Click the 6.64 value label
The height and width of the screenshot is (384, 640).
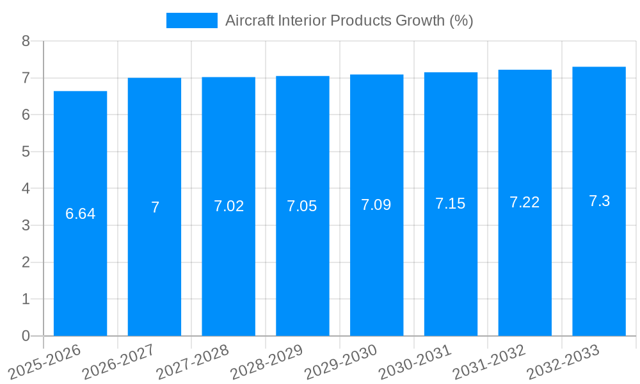click(80, 214)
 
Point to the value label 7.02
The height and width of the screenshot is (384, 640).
click(228, 206)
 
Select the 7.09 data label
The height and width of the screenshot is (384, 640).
click(376, 205)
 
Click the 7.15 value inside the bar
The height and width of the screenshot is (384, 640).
click(451, 204)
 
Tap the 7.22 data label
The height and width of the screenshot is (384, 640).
click(525, 202)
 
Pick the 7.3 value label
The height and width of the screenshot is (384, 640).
click(599, 201)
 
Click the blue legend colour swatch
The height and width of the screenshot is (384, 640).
click(191, 20)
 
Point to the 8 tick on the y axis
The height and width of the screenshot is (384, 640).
click(26, 41)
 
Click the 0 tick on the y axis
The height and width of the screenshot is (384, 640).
click(26, 336)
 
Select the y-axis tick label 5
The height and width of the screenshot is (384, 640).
click(26, 152)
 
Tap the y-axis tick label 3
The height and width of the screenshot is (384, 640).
click(26, 225)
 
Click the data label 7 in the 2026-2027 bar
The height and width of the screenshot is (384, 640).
click(155, 207)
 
